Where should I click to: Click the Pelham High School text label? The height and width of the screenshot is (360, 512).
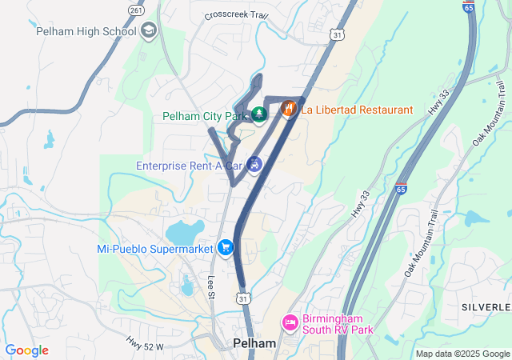(86, 32)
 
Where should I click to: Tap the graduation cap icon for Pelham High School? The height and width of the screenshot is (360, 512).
(148, 31)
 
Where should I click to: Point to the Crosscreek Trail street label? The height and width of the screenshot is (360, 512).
(236, 15)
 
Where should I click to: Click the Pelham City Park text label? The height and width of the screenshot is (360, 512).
(206, 116)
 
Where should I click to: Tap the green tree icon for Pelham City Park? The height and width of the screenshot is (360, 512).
(259, 116)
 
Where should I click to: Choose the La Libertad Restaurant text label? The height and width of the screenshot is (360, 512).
(357, 110)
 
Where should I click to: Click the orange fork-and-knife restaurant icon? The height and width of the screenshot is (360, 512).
(290, 109)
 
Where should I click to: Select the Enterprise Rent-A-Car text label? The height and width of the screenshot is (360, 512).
(190, 166)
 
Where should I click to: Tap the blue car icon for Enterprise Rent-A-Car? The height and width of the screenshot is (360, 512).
(254, 165)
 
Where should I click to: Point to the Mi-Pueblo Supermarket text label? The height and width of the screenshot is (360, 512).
(155, 249)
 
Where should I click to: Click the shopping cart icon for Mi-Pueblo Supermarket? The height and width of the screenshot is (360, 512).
(226, 249)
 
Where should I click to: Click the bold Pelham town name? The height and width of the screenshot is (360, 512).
(254, 342)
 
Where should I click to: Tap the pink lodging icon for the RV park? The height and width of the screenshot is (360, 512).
(290, 322)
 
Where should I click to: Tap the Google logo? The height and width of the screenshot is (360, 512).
(27, 350)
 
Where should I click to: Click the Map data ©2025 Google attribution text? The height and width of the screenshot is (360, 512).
(462, 354)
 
